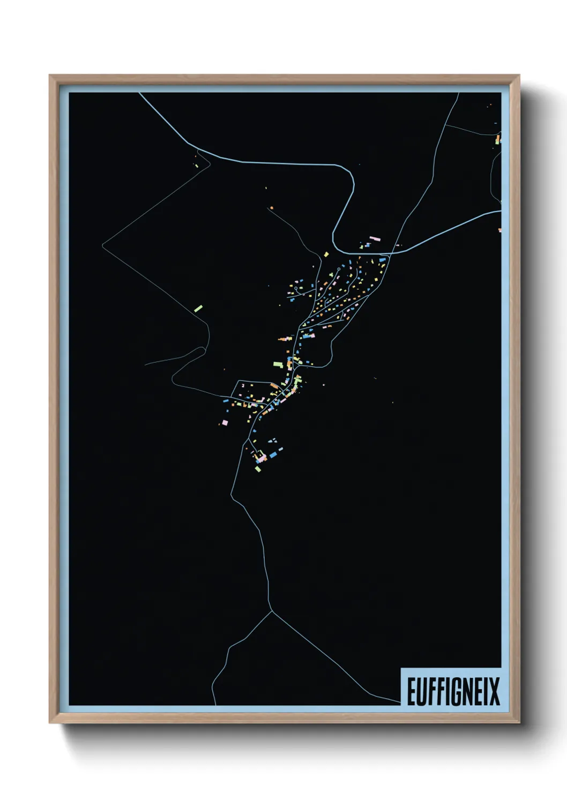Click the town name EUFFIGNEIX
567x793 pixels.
click(x=453, y=691)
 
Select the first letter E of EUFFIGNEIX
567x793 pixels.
click(x=412, y=691)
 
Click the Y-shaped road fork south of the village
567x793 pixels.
click(x=272, y=611)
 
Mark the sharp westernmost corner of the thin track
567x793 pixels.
click(x=102, y=245)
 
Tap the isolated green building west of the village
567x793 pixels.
click(x=198, y=308)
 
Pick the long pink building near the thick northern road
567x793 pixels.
click(x=374, y=238)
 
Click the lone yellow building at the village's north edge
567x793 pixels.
click(x=325, y=254)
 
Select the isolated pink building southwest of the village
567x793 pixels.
click(x=225, y=423)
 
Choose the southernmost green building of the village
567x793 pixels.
click(x=258, y=469)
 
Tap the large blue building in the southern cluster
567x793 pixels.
click(x=273, y=454)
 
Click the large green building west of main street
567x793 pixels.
click(x=278, y=364)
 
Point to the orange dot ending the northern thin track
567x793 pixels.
click(x=272, y=207)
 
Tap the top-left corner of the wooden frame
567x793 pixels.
click(x=50, y=76)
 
